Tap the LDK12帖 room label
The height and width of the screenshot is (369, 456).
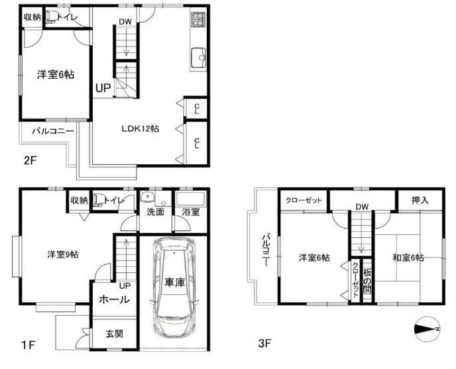coord(140,129)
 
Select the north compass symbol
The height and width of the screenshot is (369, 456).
coord(427,329)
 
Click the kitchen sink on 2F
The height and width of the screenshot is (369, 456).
coord(198,58)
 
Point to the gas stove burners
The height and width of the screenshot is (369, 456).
coord(198,19)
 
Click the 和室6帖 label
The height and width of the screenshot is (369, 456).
coord(408,258)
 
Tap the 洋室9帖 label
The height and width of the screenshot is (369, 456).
coord(63,255)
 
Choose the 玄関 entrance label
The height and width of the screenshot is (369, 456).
coord(114,334)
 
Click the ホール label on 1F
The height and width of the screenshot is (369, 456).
coord(114,299)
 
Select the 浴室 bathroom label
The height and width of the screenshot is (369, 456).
coord(191,212)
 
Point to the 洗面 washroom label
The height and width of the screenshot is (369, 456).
coord(155,212)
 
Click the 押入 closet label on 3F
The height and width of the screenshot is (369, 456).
coord(420,200)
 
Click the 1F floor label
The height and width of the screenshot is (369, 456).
coord(28,345)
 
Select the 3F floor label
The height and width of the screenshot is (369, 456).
coord(264,344)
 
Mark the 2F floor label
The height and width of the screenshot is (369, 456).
coord(30,160)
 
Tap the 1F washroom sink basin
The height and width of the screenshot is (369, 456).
coord(147,197)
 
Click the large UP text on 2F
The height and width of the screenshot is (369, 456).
coord(103,88)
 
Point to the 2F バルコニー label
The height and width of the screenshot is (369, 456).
coord(53,131)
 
